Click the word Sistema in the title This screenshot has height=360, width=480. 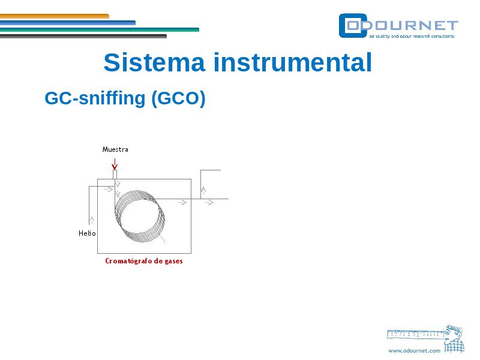tap(154, 62)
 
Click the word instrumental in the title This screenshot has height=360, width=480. tap(293, 62)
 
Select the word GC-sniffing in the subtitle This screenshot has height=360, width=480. tap(95, 98)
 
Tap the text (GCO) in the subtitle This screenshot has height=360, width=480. tap(178, 98)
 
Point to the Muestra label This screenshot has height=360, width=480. tap(115, 149)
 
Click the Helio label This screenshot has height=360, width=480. tap(87, 233)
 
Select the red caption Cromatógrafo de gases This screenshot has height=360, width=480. tap(144, 261)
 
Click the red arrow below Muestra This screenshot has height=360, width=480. tap(115, 164)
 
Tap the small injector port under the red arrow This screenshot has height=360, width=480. tap(115, 175)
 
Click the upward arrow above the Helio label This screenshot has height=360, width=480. tap(91, 220)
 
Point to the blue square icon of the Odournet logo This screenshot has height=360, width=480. tap(353, 26)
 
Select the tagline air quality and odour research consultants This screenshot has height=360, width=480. tap(412, 36)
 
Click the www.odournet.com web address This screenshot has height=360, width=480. tap(414, 351)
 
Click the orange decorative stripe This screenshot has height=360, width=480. tap(55, 16)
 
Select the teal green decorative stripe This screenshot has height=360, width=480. tap(100, 29)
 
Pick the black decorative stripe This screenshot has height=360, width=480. tap(83, 36)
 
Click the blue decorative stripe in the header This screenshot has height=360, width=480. tap(68, 23)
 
